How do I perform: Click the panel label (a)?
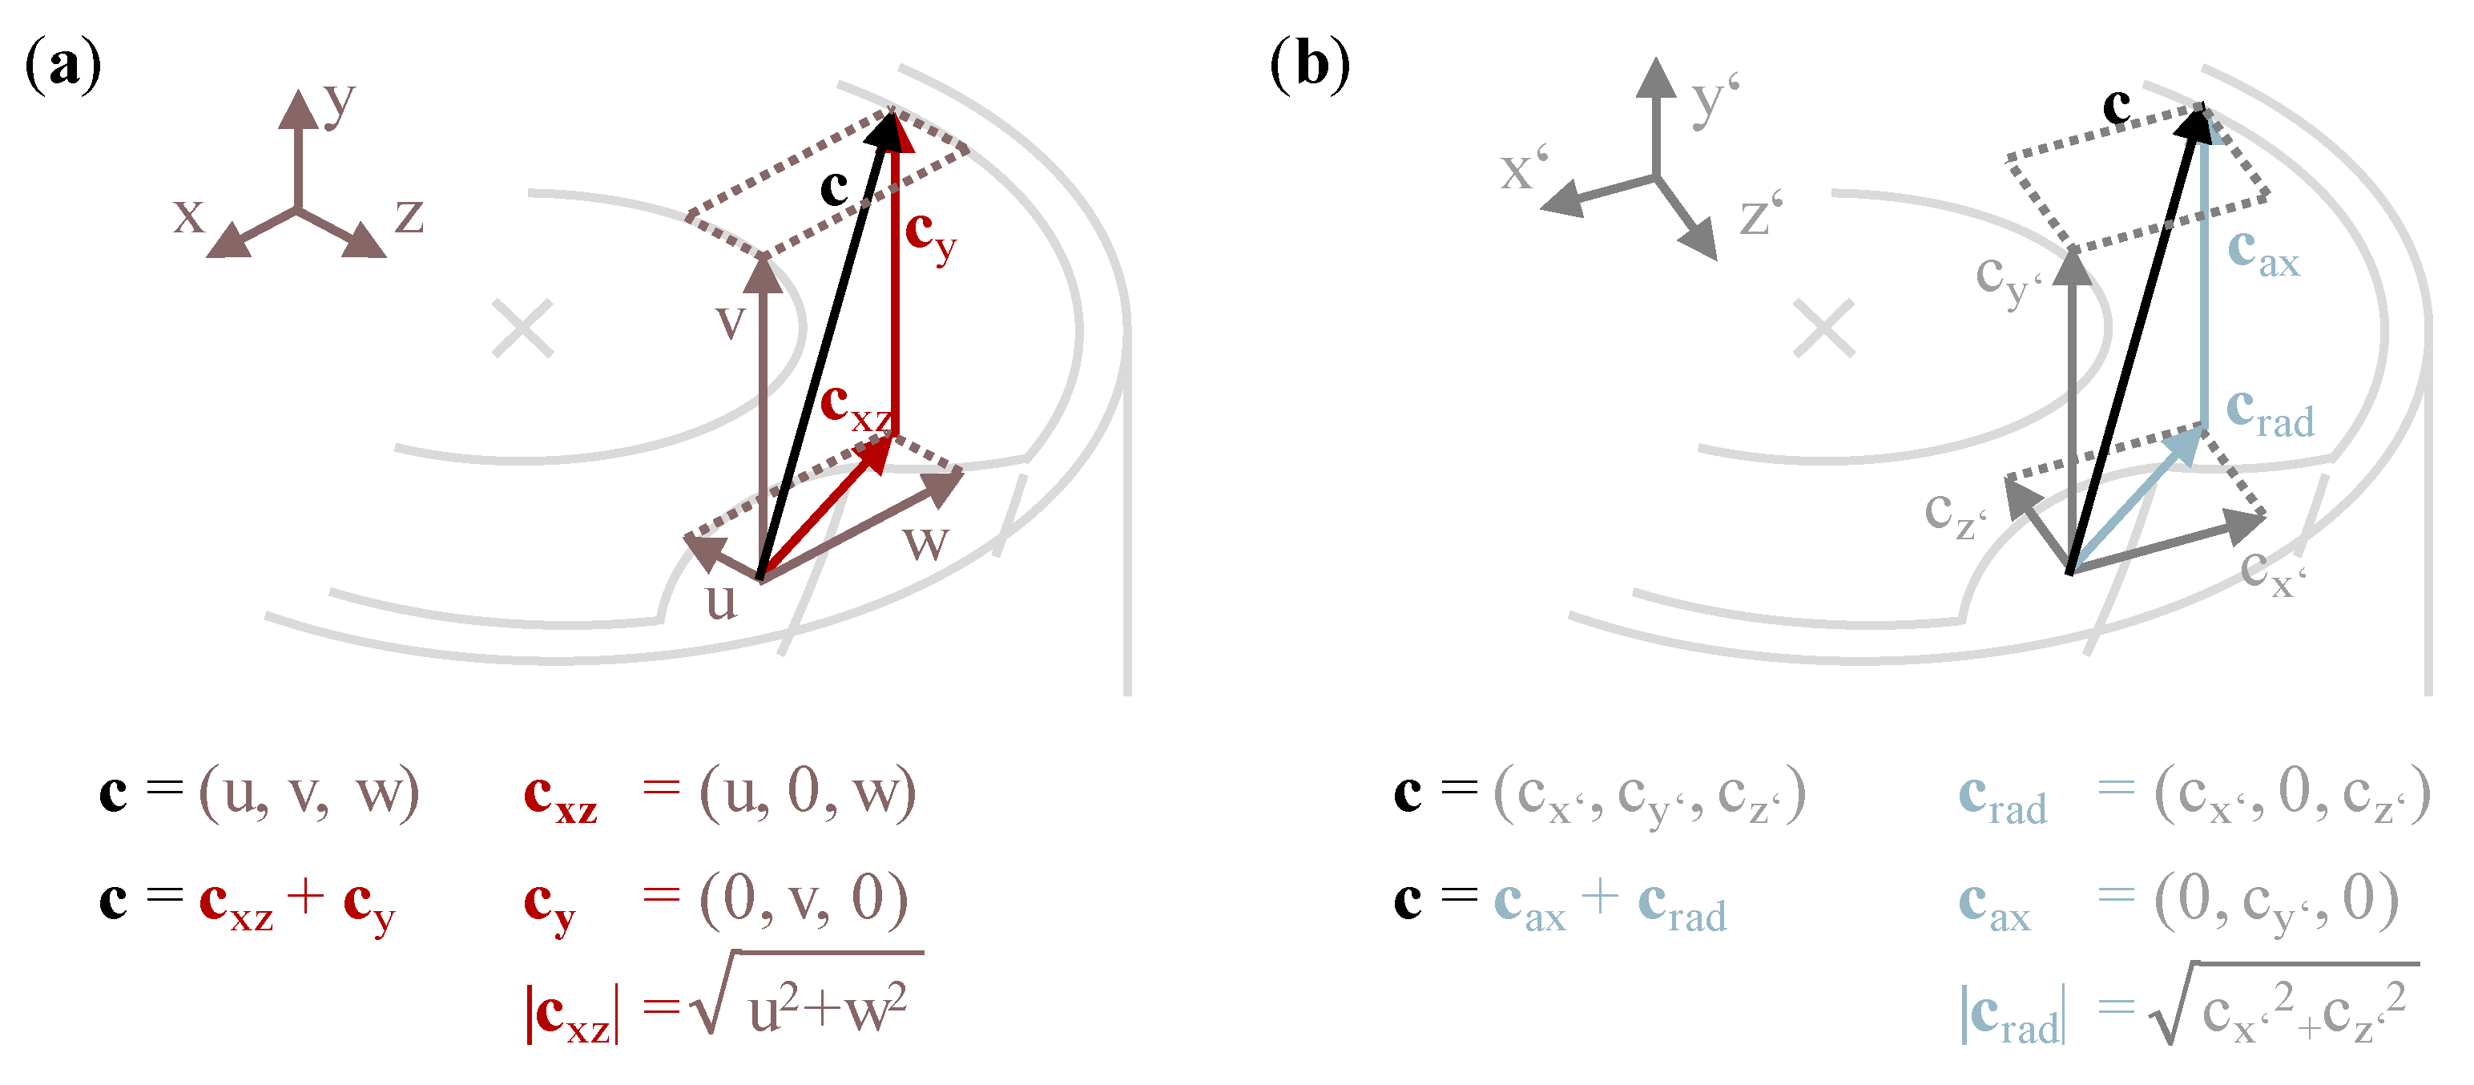(63, 65)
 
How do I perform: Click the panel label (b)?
(1310, 65)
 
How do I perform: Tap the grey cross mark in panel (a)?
(522, 329)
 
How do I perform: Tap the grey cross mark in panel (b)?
(1823, 329)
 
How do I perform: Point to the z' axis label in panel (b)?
(1760, 214)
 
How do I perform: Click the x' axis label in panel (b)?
(1523, 169)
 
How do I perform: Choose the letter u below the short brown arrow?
(721, 603)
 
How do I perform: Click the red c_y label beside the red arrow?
(929, 236)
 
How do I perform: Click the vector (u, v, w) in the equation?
(308, 793)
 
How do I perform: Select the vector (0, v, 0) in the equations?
(803, 900)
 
